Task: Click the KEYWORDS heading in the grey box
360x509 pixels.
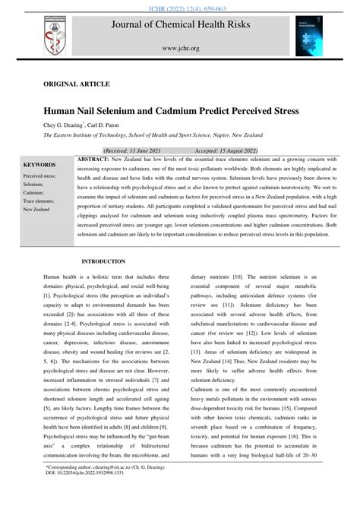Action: click(40, 163)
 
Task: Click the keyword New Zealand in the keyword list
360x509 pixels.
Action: click(36, 209)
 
